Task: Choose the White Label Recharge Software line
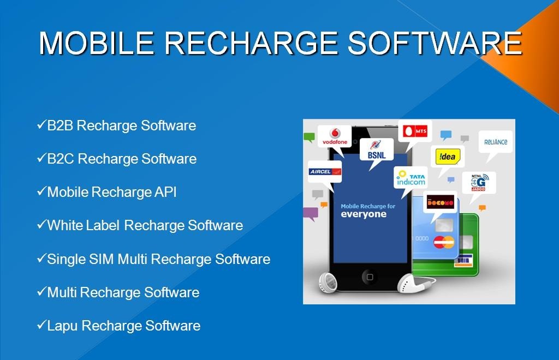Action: [x=145, y=225]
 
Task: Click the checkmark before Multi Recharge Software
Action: [x=41, y=292]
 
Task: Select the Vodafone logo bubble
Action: [x=335, y=136]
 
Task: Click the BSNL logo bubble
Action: [x=377, y=150]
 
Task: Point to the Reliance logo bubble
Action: [x=496, y=142]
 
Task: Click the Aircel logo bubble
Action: [x=324, y=171]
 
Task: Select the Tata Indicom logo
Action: [x=411, y=178]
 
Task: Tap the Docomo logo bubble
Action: [x=441, y=202]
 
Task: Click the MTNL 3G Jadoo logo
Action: [x=478, y=182]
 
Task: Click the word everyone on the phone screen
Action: [x=364, y=214]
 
